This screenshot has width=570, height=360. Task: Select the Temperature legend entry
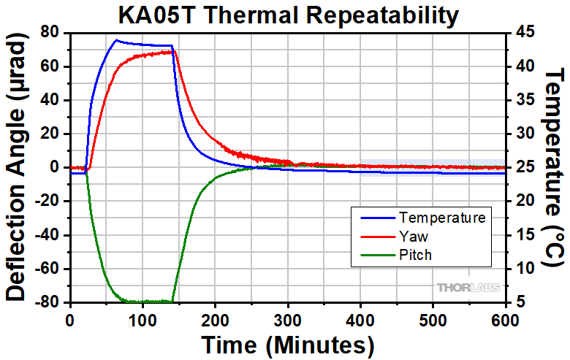click(442, 218)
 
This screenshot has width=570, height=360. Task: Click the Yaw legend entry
click(413, 237)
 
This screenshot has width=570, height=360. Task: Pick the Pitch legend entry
click(415, 255)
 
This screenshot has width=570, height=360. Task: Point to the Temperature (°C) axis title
click(556, 167)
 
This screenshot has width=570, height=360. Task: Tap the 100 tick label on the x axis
click(142, 320)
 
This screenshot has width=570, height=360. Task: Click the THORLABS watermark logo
click(468, 288)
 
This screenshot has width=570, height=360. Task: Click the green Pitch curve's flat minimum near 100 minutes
click(142, 302)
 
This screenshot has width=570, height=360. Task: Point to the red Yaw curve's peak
click(171, 51)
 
